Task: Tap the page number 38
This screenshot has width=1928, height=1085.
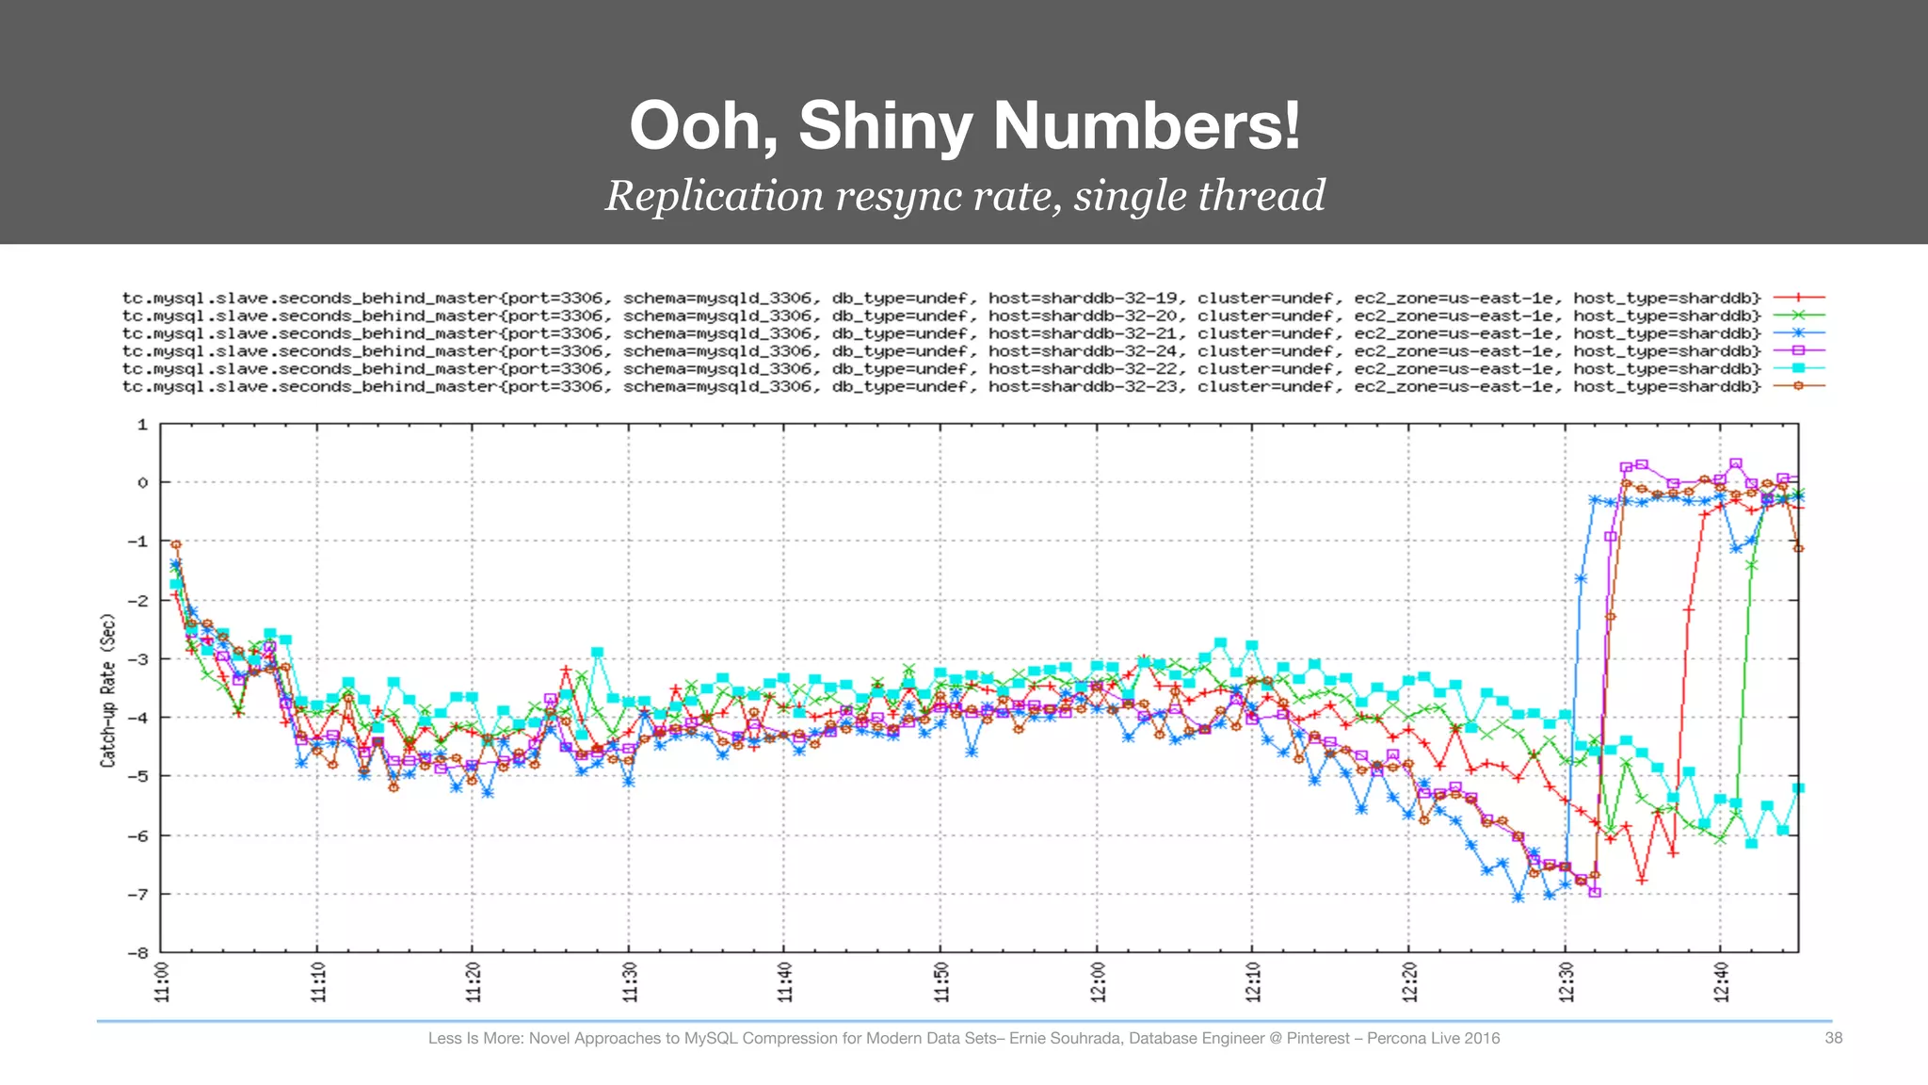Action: click(1833, 1038)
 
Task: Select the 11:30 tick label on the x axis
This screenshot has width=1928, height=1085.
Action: click(630, 981)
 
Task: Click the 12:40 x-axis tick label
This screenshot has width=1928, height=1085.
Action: click(1722, 981)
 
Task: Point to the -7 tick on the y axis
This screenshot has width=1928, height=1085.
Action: click(137, 894)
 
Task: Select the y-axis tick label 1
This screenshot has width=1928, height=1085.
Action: click(142, 425)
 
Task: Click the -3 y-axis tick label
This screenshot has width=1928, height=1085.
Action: click(137, 658)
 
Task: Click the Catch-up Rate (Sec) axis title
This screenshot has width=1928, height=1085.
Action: click(108, 689)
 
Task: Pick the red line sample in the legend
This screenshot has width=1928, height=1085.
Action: click(1798, 298)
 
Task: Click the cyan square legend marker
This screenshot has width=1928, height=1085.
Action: click(1798, 368)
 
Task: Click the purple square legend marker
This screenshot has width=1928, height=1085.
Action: click(1798, 350)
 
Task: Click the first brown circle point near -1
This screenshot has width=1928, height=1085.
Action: click(175, 544)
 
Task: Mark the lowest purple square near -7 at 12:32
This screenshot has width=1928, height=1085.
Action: click(1595, 892)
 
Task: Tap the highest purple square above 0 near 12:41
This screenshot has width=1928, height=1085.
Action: click(1736, 463)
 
